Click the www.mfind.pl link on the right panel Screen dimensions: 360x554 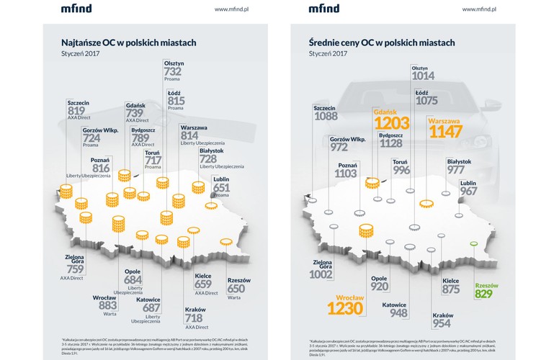pos(480,9)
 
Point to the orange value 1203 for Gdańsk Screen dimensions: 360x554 pos(391,123)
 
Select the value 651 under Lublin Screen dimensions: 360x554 pos(223,187)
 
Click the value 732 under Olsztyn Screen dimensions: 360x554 pos(172,72)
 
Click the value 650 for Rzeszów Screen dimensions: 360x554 pos(236,289)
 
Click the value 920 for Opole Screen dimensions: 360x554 pos(380,286)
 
